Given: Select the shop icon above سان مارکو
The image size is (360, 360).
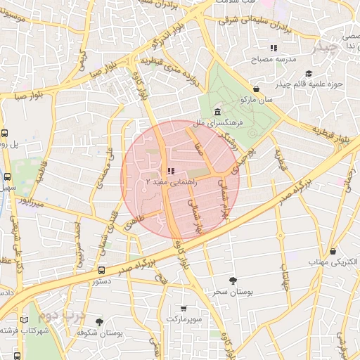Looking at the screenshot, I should coord(257,89).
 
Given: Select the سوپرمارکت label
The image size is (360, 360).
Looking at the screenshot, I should coord(184,319).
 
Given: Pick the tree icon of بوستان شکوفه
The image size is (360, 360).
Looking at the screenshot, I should coord(99,321).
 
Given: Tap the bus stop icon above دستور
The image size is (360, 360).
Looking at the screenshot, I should coord(101,270).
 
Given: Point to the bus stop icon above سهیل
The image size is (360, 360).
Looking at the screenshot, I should coord(8,177).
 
